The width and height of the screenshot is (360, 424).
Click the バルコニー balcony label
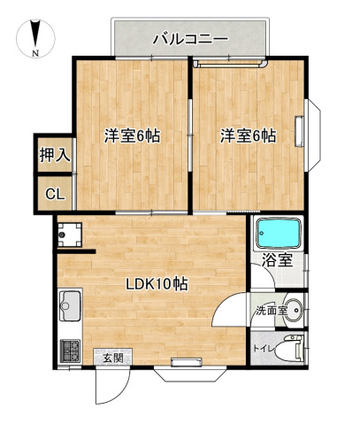pos(190,38)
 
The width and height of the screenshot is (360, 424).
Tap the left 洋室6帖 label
pos(133,136)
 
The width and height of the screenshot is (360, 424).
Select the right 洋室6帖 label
pos(248,136)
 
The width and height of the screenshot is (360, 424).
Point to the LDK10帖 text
pos(156,284)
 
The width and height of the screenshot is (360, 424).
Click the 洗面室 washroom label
pos(271,311)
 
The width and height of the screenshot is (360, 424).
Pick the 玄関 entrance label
pos(111,358)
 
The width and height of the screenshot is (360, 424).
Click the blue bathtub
pos(279,235)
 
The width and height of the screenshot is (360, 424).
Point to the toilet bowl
pos(287,349)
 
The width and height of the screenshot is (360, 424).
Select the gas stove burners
pos(70,351)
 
